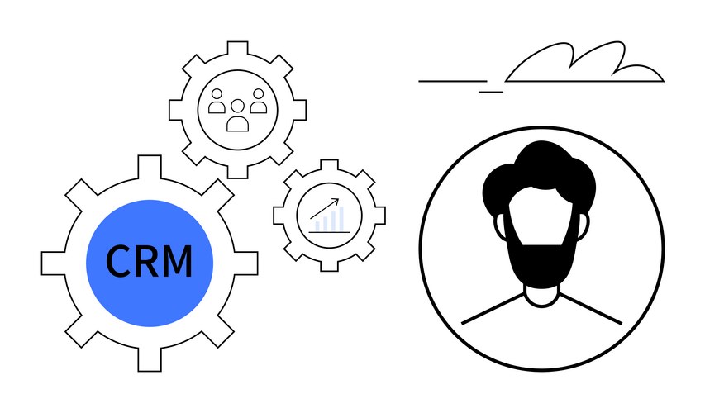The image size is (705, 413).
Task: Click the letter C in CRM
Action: click(118, 261)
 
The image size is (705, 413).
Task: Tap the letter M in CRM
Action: click(176, 261)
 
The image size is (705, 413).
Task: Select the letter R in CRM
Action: click(146, 261)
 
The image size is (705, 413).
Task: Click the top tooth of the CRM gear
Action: click(150, 167)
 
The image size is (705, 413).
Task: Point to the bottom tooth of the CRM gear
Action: click(150, 359)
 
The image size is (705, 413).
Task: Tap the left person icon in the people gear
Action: click(217, 101)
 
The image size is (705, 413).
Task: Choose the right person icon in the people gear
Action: click(258, 101)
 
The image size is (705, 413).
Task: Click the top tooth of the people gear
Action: click(237, 49)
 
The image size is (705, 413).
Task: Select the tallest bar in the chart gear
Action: click(341, 218)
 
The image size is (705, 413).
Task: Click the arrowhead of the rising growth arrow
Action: click(336, 201)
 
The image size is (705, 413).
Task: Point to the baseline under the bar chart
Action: click(329, 232)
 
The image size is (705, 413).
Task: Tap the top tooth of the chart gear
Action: click(329, 165)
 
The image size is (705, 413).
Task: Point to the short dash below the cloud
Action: click(491, 93)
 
